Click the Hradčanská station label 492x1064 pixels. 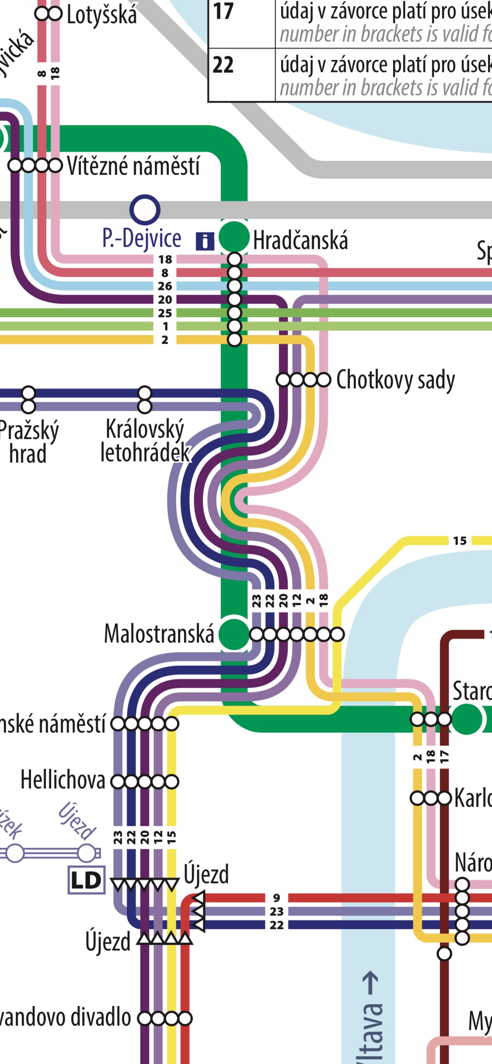tap(300, 241)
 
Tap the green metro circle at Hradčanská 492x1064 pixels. tap(234, 237)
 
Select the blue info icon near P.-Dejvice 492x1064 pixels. tap(205, 241)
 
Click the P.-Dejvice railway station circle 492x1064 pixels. tap(145, 210)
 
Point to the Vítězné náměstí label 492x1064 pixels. tap(133, 166)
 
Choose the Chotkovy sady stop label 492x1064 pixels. tap(395, 380)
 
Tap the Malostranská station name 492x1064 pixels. tap(159, 634)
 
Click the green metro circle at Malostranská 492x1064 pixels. tap(234, 634)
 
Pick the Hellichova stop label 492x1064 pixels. tap(63, 780)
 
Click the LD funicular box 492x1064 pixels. tap(86, 880)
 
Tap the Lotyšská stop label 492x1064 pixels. tap(102, 15)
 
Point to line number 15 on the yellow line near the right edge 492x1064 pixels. tap(460, 541)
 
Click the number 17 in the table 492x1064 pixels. tap(223, 12)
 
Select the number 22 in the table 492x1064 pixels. tap(223, 66)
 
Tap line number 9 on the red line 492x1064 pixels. tap(276, 898)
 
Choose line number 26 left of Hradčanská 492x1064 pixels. tap(165, 286)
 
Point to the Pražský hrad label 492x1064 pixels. tap(28, 442)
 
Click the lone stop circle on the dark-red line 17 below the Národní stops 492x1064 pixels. tap(444, 954)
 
